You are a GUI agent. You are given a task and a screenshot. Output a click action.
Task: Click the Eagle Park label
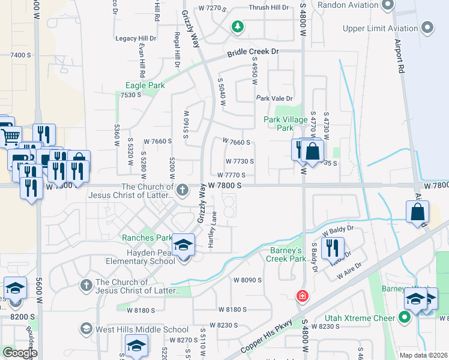(145, 86)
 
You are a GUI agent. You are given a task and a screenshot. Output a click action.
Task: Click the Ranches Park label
(147, 238)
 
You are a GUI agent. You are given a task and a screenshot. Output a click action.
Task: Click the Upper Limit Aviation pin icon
(427, 28)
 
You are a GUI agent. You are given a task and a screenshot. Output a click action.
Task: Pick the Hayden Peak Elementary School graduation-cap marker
(184, 245)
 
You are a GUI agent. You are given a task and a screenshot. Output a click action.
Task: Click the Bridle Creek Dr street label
(253, 53)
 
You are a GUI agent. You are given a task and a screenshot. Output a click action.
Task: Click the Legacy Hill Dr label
(135, 38)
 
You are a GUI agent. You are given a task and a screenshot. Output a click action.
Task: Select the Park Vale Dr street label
(274, 98)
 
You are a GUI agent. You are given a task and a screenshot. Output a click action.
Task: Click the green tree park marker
(238, 26)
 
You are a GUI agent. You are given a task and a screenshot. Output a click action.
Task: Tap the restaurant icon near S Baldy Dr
(333, 247)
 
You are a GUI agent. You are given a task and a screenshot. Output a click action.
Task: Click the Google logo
(19, 353)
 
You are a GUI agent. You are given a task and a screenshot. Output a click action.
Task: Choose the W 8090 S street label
(248, 280)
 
